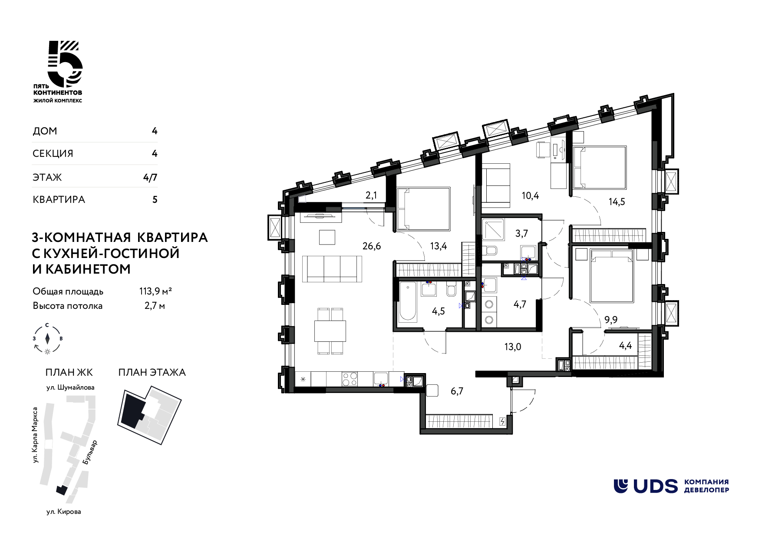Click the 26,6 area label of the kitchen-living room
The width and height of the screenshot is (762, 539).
[x=372, y=246]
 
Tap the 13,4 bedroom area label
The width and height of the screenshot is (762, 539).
[x=439, y=246]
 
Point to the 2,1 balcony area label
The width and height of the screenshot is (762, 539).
[x=371, y=195]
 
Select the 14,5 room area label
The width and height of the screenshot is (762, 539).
[x=617, y=202]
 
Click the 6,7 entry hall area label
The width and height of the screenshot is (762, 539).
[x=457, y=391]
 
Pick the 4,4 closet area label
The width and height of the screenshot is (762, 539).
[x=625, y=346]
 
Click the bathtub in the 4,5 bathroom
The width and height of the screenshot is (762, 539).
[x=408, y=302]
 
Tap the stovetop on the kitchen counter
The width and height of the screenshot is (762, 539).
[x=350, y=379]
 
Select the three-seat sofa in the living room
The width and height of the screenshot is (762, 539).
[x=332, y=269]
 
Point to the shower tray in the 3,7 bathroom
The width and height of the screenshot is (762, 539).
[x=493, y=230]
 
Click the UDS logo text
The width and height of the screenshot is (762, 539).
[x=656, y=486]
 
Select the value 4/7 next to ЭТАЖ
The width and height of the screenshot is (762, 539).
[x=150, y=177]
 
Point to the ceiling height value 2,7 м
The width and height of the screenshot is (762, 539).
[x=155, y=306]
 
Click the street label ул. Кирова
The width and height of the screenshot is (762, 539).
[x=64, y=512]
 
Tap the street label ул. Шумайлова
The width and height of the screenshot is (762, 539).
[x=70, y=387]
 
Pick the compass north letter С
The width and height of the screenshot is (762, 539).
[x=47, y=325]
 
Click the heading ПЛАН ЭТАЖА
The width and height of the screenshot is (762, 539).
[x=152, y=372]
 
